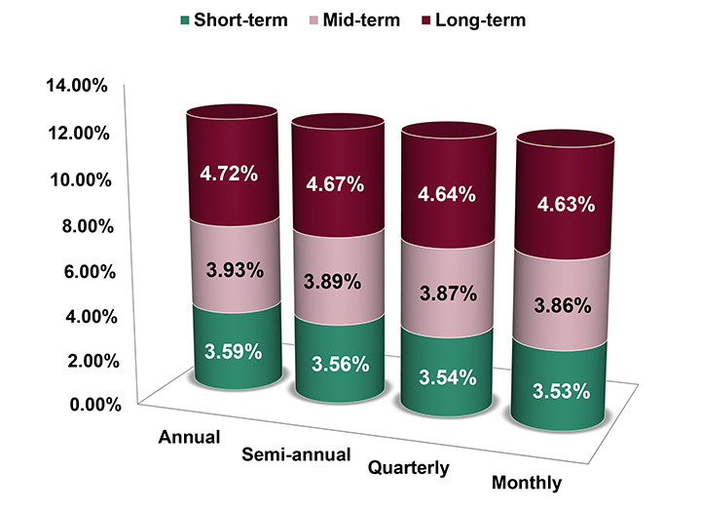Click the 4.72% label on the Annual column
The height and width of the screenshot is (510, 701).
(230, 175)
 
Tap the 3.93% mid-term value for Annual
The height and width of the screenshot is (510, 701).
(233, 269)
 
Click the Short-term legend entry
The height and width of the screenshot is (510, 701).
(232, 20)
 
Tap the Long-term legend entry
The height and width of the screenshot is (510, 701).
(480, 20)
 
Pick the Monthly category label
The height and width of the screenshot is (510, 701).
(527, 483)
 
